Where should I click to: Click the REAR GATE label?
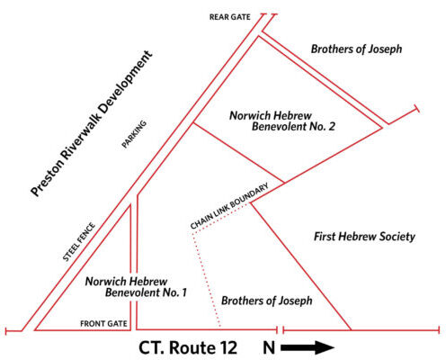[229, 17]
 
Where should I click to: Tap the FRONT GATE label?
[103, 324]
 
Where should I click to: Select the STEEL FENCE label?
[79, 242]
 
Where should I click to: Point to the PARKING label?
[134, 134]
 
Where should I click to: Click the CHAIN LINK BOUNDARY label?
[229, 206]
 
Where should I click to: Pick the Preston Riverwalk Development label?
[92, 123]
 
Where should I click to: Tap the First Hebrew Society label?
[364, 237]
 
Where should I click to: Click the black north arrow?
[308, 348]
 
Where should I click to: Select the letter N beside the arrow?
[269, 347]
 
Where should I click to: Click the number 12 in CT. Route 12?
[227, 347]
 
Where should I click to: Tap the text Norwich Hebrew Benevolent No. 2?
[282, 121]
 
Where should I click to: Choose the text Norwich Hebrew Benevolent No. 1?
[136, 287]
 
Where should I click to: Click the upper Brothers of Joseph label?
[356, 49]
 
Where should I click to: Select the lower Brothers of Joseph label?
[267, 301]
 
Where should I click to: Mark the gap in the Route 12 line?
[281, 330]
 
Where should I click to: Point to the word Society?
[397, 237]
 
